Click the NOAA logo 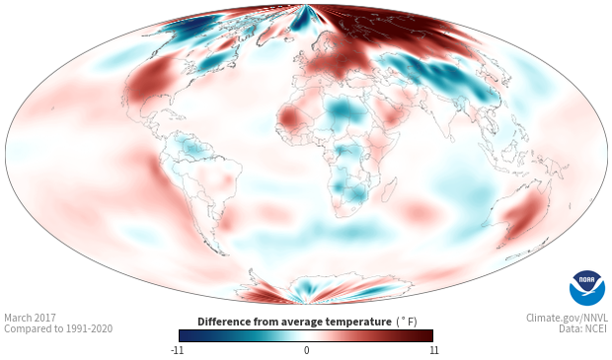click(587, 288)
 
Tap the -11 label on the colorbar click(178, 350)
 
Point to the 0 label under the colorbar click(306, 350)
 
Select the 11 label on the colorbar click(433, 350)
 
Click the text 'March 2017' click(30, 318)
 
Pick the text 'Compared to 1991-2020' click(58, 328)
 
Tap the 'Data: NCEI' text click(583, 328)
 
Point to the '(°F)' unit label click(407, 323)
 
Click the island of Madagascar click(389, 189)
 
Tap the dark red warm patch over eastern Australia click(524, 216)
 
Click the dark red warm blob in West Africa click(289, 116)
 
